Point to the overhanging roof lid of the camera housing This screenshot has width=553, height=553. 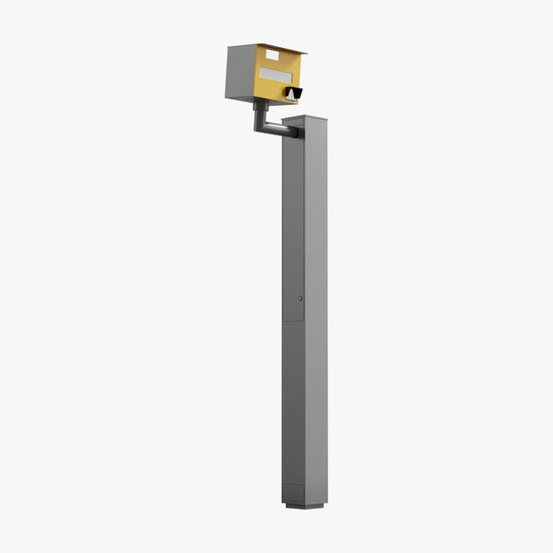(276, 47)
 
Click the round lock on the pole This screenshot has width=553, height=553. (300, 298)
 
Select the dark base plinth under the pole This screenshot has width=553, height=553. (305, 505)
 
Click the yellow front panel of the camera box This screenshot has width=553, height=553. (276, 87)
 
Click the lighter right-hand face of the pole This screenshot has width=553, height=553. (316, 304)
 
